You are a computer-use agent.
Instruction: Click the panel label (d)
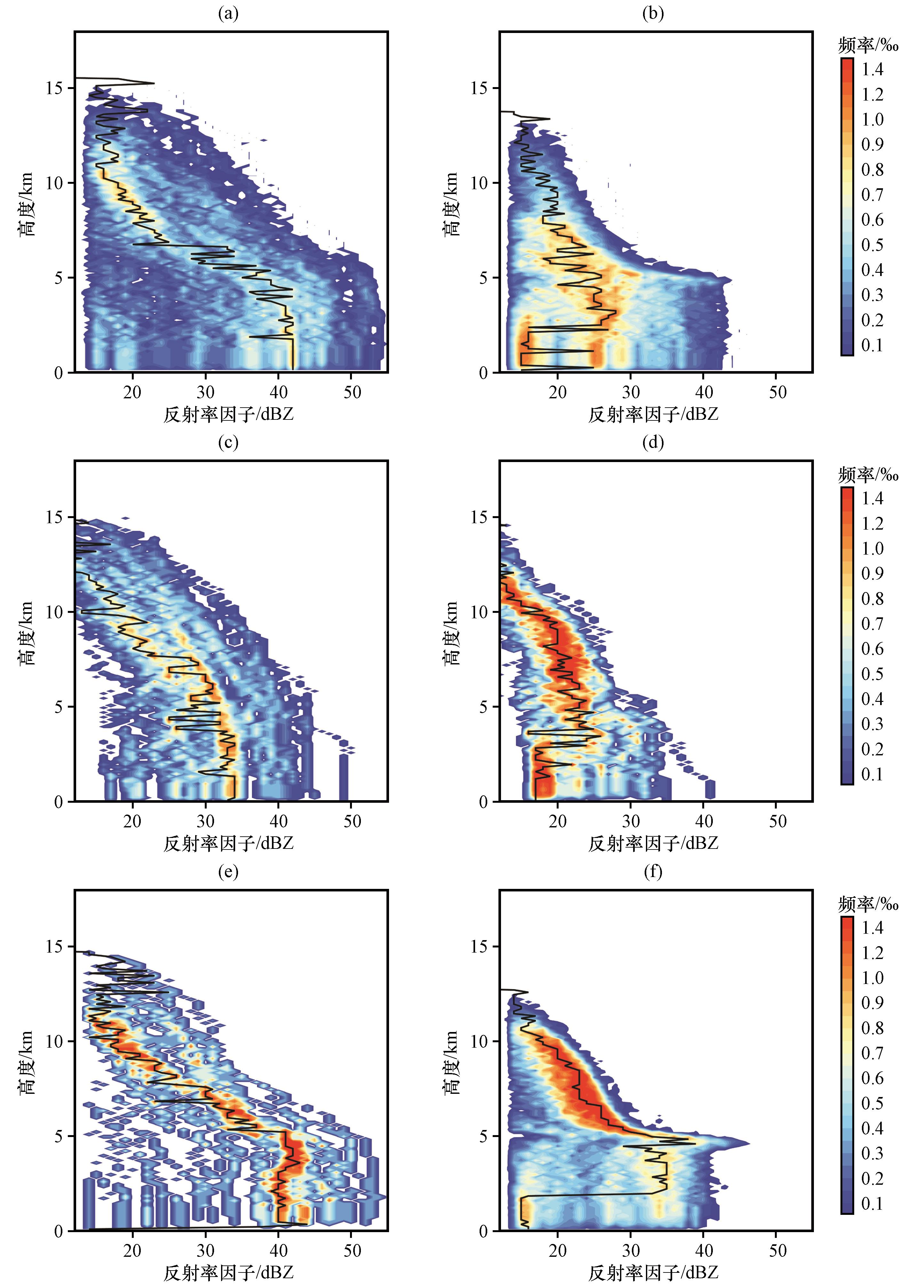(x=653, y=442)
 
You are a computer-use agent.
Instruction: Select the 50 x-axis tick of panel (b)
(x=777, y=392)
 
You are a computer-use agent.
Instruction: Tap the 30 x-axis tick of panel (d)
(x=631, y=821)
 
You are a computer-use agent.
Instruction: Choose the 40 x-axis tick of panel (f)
(x=704, y=1250)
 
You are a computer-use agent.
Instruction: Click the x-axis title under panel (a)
(x=228, y=414)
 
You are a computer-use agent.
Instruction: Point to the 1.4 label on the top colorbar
(x=872, y=69)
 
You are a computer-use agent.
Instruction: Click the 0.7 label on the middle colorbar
(x=872, y=623)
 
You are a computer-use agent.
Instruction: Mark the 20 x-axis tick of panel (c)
(x=132, y=821)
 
